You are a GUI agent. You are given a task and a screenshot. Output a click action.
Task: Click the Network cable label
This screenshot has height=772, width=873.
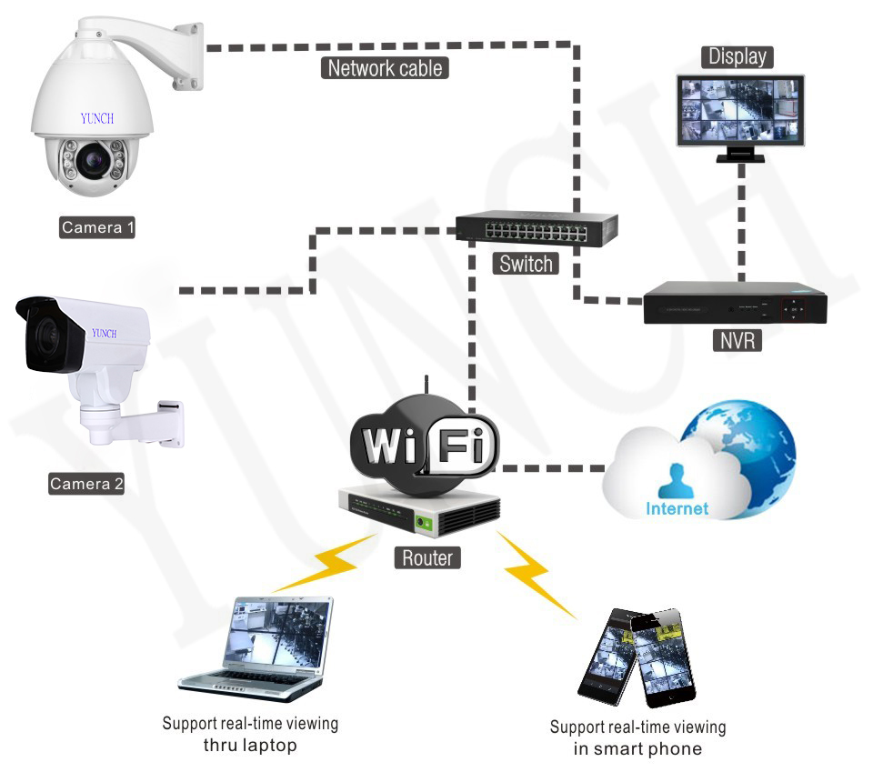click(385, 67)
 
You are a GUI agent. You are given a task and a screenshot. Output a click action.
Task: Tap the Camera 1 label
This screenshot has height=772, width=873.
click(97, 227)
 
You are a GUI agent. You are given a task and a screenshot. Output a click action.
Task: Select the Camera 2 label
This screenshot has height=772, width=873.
click(86, 484)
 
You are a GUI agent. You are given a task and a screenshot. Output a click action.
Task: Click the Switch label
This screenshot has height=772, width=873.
click(526, 264)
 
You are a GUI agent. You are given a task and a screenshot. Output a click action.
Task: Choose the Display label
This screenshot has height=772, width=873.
click(738, 56)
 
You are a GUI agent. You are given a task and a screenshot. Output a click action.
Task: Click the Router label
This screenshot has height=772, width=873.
click(427, 556)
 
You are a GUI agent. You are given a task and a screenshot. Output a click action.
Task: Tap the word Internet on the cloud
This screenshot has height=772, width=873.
click(677, 508)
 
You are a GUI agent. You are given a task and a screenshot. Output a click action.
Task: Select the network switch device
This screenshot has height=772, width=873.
click(537, 228)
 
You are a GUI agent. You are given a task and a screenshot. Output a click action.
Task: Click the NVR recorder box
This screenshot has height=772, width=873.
click(734, 303)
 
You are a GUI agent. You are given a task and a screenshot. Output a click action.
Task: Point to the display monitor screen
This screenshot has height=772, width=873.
click(740, 110)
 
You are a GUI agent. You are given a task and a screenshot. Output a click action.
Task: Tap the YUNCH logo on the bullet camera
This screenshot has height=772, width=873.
click(104, 334)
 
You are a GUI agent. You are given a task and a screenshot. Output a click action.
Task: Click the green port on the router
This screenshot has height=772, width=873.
click(424, 522)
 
